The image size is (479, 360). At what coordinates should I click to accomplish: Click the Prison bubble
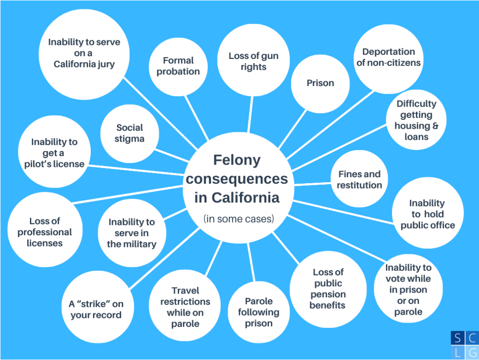pyautogui.click(x=320, y=84)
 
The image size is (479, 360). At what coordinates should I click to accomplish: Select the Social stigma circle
pyautogui.click(x=130, y=133)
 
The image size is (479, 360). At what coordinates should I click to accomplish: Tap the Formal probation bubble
pyautogui.click(x=178, y=66)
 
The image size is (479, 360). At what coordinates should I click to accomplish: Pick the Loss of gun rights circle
pyautogui.click(x=253, y=60)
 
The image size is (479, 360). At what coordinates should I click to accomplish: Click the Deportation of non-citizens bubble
pyautogui.click(x=388, y=59)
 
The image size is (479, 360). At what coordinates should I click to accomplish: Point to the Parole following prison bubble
pyautogui.click(x=258, y=312)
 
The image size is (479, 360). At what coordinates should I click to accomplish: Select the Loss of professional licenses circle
pyautogui.click(x=44, y=230)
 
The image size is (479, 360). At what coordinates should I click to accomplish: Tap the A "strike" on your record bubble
pyautogui.click(x=96, y=307)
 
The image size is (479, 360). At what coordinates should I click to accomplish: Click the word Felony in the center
pyautogui.click(x=237, y=160)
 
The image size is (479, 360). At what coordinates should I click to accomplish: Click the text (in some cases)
pyautogui.click(x=239, y=219)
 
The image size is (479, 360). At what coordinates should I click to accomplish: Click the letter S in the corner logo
pyautogui.click(x=457, y=338)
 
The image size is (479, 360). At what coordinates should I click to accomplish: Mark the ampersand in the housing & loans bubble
pyautogui.click(x=435, y=126)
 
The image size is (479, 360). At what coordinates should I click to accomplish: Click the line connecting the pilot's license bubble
pyautogui.click(x=136, y=170)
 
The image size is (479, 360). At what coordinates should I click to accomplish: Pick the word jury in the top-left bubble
pyautogui.click(x=106, y=65)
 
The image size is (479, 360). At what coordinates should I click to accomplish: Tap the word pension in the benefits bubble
pyautogui.click(x=328, y=295)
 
